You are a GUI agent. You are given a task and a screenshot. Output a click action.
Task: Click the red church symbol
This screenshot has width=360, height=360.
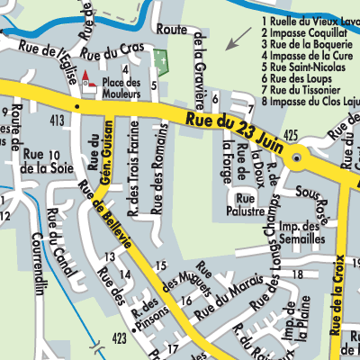[88, 81]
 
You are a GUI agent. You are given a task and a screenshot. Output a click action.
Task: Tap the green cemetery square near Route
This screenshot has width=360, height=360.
[161, 60]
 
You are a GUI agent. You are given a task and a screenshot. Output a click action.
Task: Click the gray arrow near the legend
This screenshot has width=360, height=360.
[238, 39]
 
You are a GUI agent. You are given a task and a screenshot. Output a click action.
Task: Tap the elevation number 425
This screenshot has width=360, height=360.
[290, 134]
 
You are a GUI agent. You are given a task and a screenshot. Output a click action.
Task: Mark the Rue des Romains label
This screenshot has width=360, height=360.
[159, 170]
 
